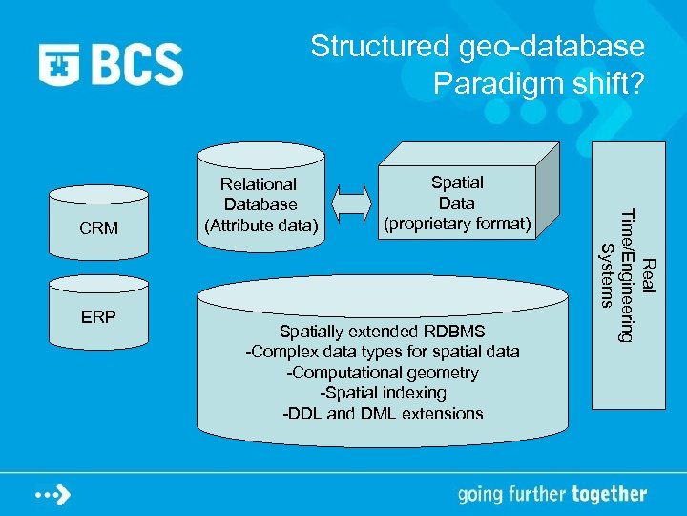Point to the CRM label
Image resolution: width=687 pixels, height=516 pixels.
point(99,228)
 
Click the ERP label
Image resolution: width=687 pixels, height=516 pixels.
point(99,316)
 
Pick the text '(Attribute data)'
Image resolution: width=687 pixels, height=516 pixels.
point(260,226)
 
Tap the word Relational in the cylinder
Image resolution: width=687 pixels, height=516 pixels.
point(259,183)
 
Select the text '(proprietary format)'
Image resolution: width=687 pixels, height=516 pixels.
point(457,224)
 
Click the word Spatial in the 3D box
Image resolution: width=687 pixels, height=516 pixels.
point(457,182)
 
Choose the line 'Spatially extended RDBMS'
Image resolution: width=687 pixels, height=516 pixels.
point(383,332)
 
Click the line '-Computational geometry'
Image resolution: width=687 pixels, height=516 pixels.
point(383,373)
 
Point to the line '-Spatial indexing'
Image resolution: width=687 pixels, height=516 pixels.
point(383,393)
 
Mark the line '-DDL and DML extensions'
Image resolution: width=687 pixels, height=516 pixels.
point(383,414)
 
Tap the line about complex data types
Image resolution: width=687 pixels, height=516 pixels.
point(383,352)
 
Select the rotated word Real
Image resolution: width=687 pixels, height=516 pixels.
point(648,273)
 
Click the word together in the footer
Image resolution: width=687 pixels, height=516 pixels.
point(609,495)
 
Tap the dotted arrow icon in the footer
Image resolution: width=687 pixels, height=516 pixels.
point(53,495)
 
